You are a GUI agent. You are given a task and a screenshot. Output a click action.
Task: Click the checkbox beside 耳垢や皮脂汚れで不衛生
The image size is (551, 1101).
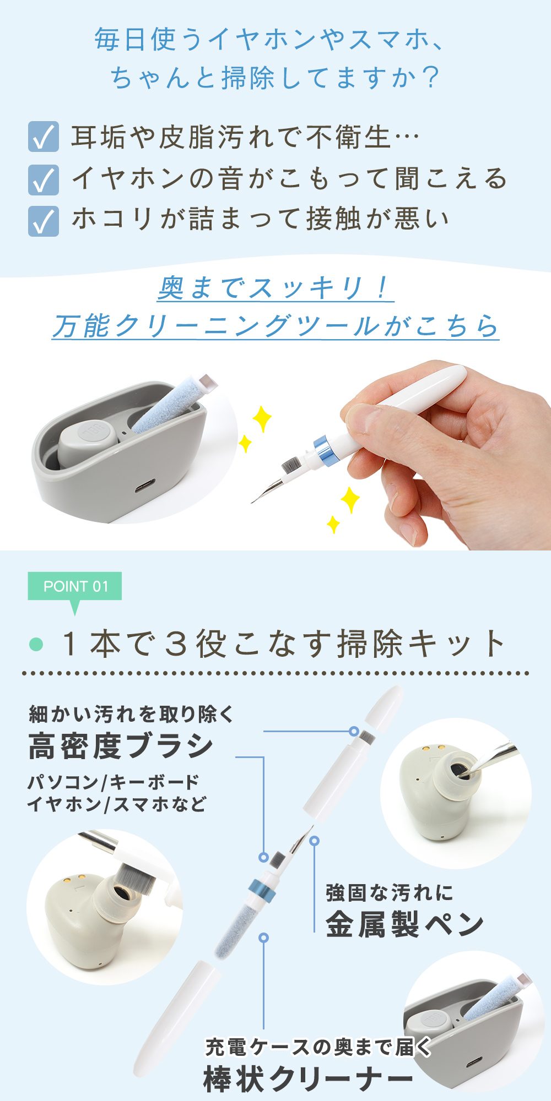point(43,137)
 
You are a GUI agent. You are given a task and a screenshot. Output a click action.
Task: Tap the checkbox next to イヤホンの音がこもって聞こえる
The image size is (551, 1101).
point(43,179)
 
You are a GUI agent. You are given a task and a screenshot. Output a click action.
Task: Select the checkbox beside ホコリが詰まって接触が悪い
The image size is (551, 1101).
point(43,221)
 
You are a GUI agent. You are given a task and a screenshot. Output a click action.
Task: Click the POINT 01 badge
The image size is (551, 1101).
point(75,587)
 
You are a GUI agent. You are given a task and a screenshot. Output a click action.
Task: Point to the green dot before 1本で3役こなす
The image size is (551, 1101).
point(36,644)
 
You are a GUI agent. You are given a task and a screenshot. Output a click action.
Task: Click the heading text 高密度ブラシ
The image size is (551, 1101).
point(121,746)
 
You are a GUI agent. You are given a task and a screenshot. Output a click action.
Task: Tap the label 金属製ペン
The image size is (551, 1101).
point(405,924)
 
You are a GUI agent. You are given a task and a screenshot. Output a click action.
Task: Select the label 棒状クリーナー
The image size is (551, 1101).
point(309,1078)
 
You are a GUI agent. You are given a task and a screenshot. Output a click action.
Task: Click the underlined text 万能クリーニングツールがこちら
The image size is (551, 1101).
point(275,326)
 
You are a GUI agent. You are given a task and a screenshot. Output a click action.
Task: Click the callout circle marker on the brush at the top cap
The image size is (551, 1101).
point(354,731)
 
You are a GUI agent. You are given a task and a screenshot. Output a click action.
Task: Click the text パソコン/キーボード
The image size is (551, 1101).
point(113,782)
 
